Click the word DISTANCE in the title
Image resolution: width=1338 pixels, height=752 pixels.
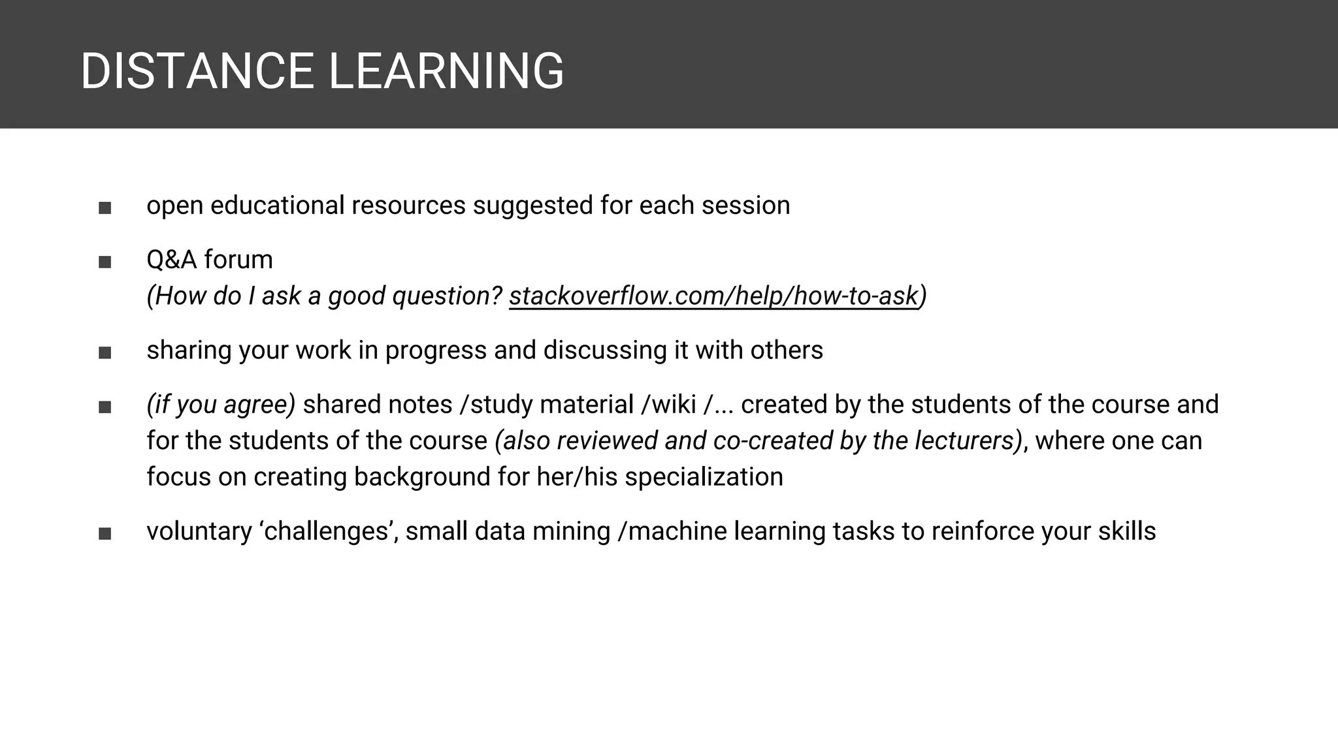click(197, 71)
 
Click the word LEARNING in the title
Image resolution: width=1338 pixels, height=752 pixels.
click(446, 71)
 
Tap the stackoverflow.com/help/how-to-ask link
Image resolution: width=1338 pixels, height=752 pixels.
click(713, 296)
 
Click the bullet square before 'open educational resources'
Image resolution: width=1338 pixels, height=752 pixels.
click(105, 208)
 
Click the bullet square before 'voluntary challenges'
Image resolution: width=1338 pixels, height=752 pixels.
click(105, 534)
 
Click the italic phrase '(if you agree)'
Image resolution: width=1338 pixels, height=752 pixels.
click(221, 405)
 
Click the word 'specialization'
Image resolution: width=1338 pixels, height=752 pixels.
click(704, 477)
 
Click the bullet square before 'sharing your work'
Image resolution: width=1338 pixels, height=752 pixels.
click(105, 353)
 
